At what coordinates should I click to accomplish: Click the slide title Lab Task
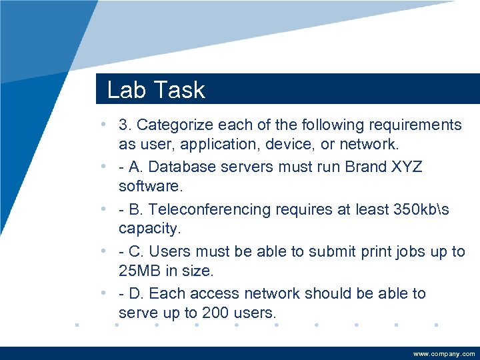click(x=156, y=90)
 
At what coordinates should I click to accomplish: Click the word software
click(x=148, y=185)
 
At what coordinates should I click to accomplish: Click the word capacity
click(x=149, y=228)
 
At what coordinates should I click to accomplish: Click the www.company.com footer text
click(x=444, y=354)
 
